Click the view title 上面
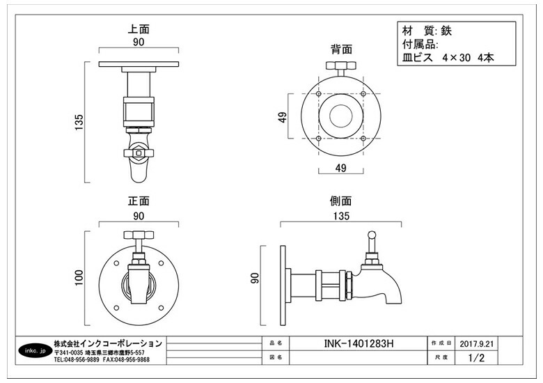click(x=139, y=30)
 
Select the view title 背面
click(x=341, y=49)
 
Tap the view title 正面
click(x=139, y=201)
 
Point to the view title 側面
click(x=340, y=201)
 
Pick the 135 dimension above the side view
click(x=340, y=216)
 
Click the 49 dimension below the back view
click(x=341, y=167)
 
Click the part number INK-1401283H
click(x=359, y=343)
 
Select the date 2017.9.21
click(x=477, y=343)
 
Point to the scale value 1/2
click(x=476, y=358)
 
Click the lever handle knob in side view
click(x=371, y=240)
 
